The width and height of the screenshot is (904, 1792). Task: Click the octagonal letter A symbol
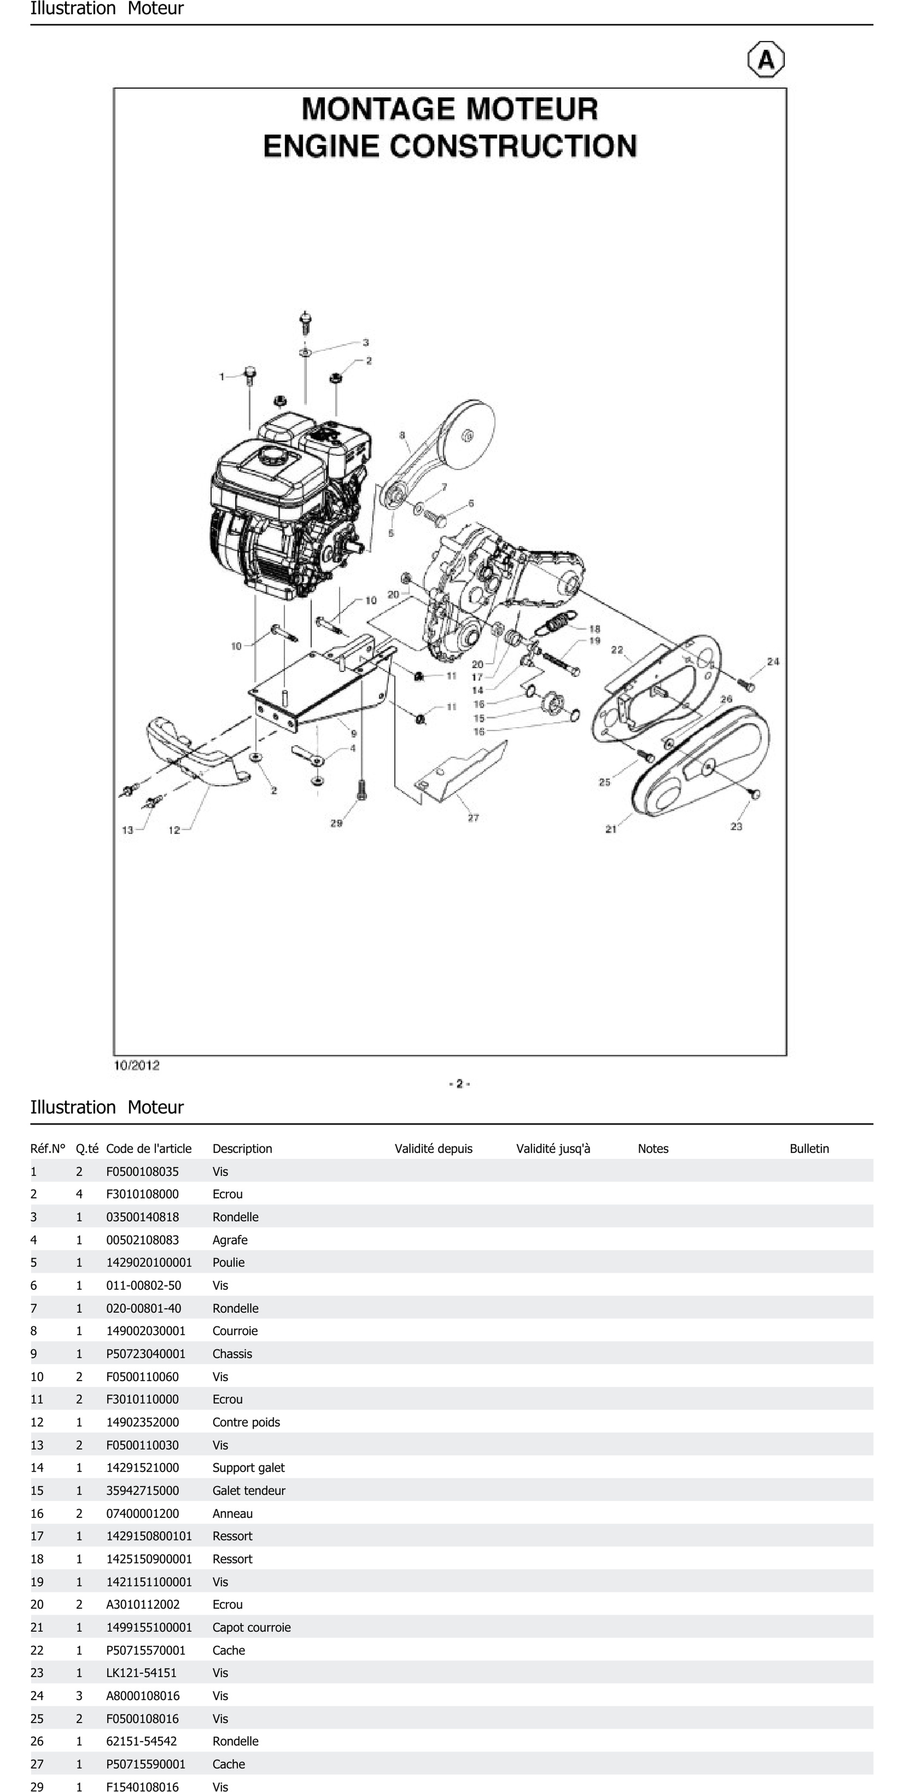click(766, 60)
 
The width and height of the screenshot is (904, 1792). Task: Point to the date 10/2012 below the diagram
click(136, 1065)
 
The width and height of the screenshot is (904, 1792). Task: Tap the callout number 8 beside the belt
click(402, 436)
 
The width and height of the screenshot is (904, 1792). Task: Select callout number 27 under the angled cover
click(473, 817)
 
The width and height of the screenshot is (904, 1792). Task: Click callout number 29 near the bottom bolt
click(337, 823)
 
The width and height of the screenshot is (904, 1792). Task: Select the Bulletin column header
click(809, 1149)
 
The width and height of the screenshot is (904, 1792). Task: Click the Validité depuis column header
click(433, 1149)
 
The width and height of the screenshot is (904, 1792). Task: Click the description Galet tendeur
click(248, 1490)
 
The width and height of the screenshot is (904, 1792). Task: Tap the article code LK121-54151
click(141, 1672)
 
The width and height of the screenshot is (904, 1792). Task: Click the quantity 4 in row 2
click(79, 1194)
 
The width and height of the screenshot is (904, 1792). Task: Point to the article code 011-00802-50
click(143, 1285)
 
